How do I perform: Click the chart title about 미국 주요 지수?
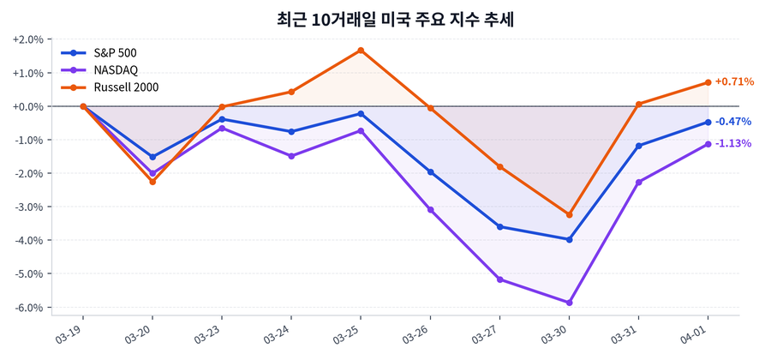pos(385,18)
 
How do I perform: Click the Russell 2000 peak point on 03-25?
pos(361,51)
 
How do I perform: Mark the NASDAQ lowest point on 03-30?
pos(569,303)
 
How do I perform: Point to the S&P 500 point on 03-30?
pos(569,239)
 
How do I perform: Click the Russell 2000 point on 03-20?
pos(152,182)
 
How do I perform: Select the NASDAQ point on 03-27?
pos(499,279)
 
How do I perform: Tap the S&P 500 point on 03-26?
pos(430,172)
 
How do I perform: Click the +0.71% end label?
pos(733,82)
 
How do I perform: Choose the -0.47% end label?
pos(732,122)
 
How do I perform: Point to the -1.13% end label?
pos(732,143)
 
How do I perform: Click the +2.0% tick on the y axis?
pos(28,39)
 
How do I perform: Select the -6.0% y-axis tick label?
pos(28,307)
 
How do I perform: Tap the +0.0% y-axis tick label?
pos(28,106)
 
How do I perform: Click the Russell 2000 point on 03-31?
pos(638,105)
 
